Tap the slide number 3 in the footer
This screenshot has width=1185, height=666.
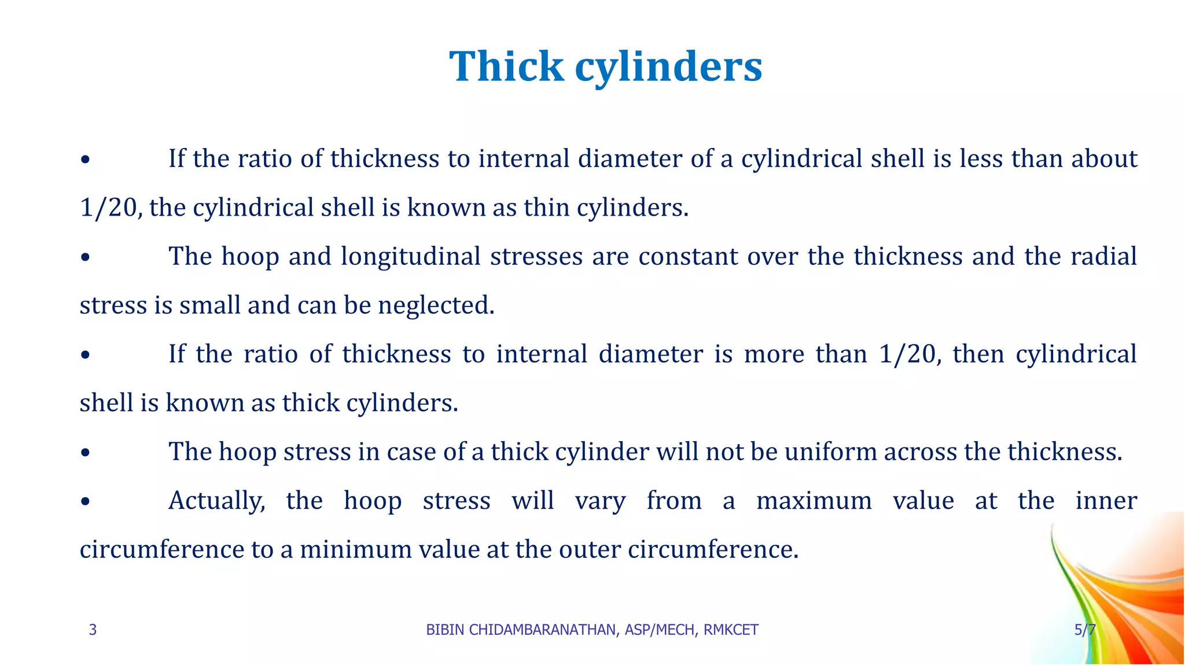coord(93,630)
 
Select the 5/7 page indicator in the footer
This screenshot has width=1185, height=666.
coord(1085,630)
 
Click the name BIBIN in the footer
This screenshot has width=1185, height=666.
coord(445,630)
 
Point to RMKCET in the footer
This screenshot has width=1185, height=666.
coord(731,630)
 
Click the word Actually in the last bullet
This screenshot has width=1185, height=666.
coord(216,501)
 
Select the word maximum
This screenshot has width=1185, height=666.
coord(814,501)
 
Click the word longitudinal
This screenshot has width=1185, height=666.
coord(410,256)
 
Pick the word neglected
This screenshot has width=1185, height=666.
coord(436,305)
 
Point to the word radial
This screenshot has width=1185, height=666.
coord(1103,256)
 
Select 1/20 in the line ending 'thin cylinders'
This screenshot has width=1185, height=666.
coord(109,208)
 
